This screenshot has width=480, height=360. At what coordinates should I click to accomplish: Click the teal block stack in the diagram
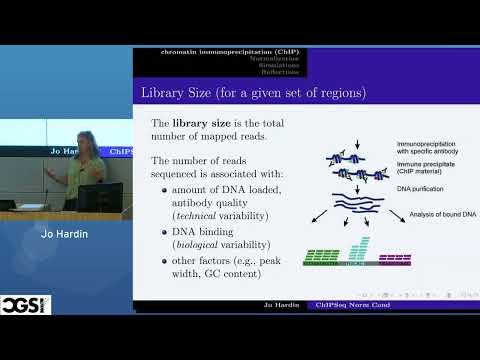coord(359,251)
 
